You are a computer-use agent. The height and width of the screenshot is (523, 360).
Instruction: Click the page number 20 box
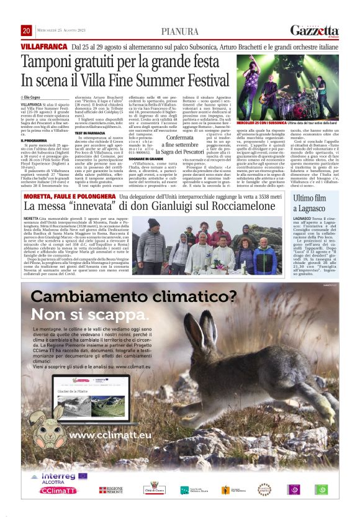[x=27, y=30]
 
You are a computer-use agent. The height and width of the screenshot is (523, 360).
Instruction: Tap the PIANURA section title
[x=179, y=31]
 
